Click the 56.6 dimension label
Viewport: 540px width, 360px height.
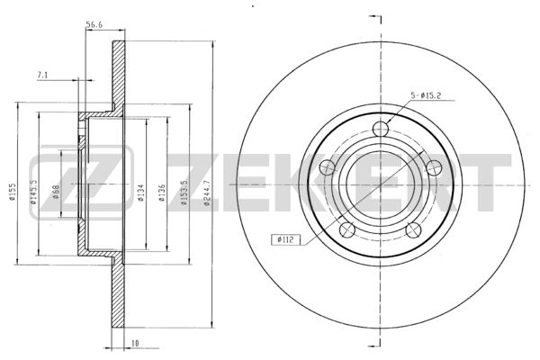pyautogui.click(x=94, y=24)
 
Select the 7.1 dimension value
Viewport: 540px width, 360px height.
pyautogui.click(x=42, y=75)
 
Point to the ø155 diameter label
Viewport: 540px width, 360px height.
pyautogui.click(x=13, y=192)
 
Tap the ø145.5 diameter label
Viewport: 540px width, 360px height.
pyautogui.click(x=33, y=193)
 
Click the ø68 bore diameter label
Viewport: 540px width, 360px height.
pyautogui.click(x=56, y=192)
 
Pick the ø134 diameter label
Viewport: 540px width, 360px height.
pyautogui.click(x=141, y=193)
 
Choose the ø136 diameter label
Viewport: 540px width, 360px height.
pyautogui.click(x=162, y=193)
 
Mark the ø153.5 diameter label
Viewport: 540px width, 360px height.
pyautogui.click(x=184, y=193)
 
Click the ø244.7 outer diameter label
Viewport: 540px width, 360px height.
pyautogui.click(x=207, y=193)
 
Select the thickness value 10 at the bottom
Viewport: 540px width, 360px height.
pyautogui.click(x=136, y=343)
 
